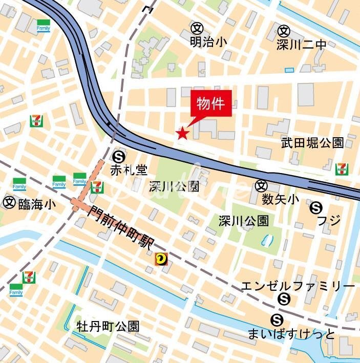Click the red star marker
click(182, 134)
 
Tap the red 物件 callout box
click(211, 104)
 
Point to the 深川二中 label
click(301, 45)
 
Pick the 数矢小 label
click(281, 199)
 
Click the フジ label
click(329, 221)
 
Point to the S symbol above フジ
click(316, 207)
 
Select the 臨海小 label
click(37, 204)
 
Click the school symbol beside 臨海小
click(9, 203)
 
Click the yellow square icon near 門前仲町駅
click(162, 260)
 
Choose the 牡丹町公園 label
click(108, 326)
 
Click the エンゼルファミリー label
click(298, 286)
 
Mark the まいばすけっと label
click(291, 335)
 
